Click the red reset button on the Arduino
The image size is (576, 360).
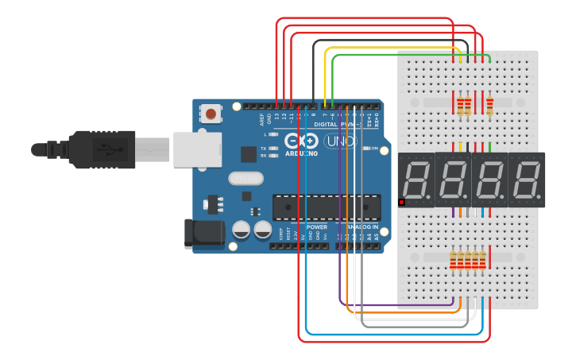click(211, 114)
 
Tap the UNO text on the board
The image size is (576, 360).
click(342, 141)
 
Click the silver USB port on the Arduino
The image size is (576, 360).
click(195, 149)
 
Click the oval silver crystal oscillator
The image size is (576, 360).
click(245, 179)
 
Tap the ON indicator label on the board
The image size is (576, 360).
click(373, 149)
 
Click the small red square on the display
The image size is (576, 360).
click(401, 203)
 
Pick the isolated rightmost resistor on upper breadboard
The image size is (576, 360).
click(489, 105)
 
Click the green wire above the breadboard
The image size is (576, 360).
click(397, 55)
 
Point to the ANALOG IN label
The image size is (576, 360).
click(360, 226)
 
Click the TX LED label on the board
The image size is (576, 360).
click(263, 148)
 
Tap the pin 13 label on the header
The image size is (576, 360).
click(276, 117)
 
